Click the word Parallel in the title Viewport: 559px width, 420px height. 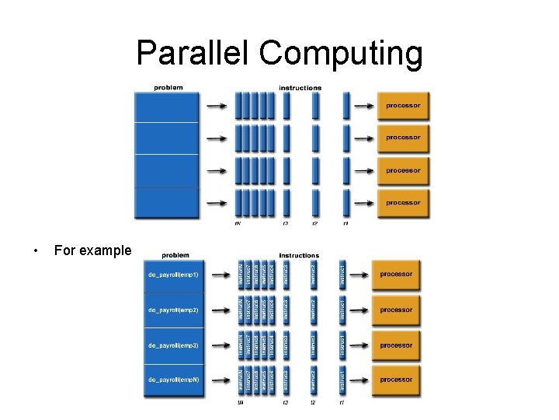[x=193, y=53]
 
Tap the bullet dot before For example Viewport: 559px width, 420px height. [x=35, y=250]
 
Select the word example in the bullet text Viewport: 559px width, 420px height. [x=105, y=250]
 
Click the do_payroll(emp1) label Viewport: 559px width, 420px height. [x=173, y=275]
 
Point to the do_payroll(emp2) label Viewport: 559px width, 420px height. [x=173, y=310]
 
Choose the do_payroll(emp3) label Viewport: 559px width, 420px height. [x=173, y=345]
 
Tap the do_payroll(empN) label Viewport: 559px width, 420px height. [x=173, y=380]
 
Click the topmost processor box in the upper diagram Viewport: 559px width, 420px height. [x=403, y=105]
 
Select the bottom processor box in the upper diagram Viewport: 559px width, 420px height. [x=403, y=203]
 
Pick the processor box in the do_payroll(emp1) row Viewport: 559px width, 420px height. [x=396, y=275]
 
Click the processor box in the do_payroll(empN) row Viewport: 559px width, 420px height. [x=396, y=380]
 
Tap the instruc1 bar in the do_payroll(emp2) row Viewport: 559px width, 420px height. [x=342, y=310]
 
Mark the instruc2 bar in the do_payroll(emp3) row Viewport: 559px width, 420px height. [x=313, y=345]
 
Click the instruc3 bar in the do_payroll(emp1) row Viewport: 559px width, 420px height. [x=286, y=275]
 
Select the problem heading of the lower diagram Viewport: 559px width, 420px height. [x=175, y=254]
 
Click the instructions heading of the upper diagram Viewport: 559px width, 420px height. [x=300, y=88]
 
